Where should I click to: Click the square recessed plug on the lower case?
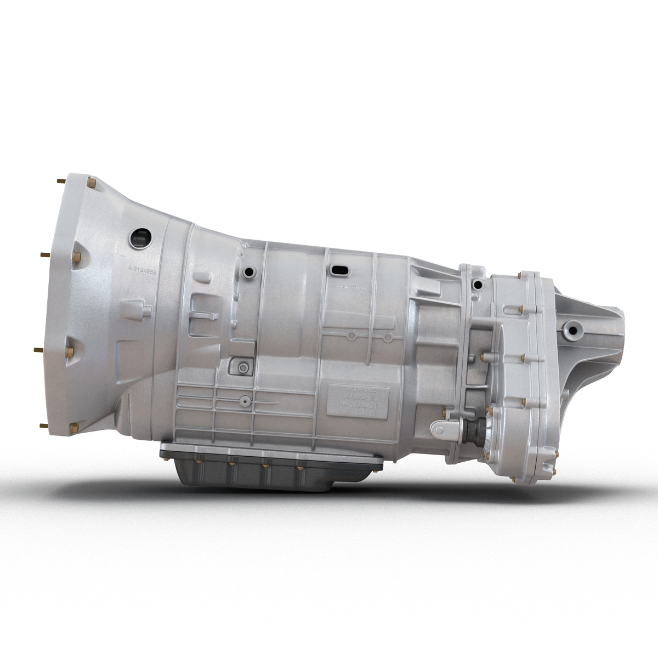coord(240,366)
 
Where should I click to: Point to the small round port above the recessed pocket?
coord(250,272)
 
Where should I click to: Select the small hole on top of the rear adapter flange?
coord(479,284)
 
